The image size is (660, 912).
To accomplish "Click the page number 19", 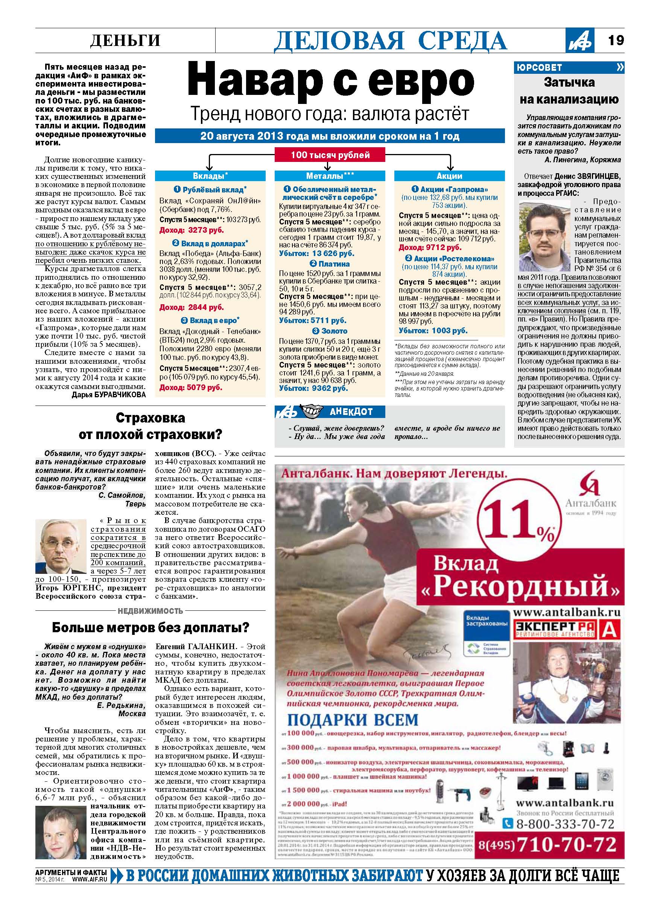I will (615, 40).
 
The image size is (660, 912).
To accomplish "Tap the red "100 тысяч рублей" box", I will (330, 155).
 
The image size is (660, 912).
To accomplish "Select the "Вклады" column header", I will (210, 176).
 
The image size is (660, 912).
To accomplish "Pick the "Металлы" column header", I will (330, 176).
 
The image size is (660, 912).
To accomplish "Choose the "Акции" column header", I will (449, 176).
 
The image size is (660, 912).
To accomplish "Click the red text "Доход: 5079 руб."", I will (191, 387).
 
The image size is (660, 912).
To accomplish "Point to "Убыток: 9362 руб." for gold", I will (313, 388).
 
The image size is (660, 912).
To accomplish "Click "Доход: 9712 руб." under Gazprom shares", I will (430, 247).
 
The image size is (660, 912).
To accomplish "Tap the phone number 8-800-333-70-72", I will (565, 824).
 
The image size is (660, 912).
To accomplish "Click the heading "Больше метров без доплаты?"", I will (151, 627).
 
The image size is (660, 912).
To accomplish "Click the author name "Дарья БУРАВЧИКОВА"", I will (108, 395).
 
